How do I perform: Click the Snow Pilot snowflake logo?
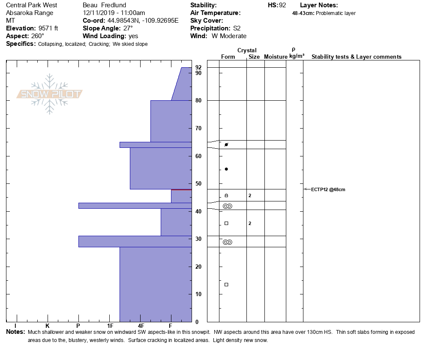click(50, 94)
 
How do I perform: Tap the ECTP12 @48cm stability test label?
click(328, 189)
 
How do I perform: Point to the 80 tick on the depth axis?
click(198, 101)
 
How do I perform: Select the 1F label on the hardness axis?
click(110, 326)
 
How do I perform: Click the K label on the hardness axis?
click(48, 326)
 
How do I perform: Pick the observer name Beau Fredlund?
click(104, 5)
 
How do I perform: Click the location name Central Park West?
click(32, 5)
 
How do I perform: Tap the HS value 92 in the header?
click(282, 5)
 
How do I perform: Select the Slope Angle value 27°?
click(126, 28)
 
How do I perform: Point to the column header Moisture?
click(276, 57)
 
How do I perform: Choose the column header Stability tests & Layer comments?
click(356, 57)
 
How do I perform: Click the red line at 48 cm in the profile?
click(181, 189)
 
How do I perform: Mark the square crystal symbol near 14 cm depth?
click(226, 285)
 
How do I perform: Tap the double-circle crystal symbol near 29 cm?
click(228, 242)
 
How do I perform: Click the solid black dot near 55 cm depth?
click(226, 169)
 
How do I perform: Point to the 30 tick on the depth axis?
click(198, 239)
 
